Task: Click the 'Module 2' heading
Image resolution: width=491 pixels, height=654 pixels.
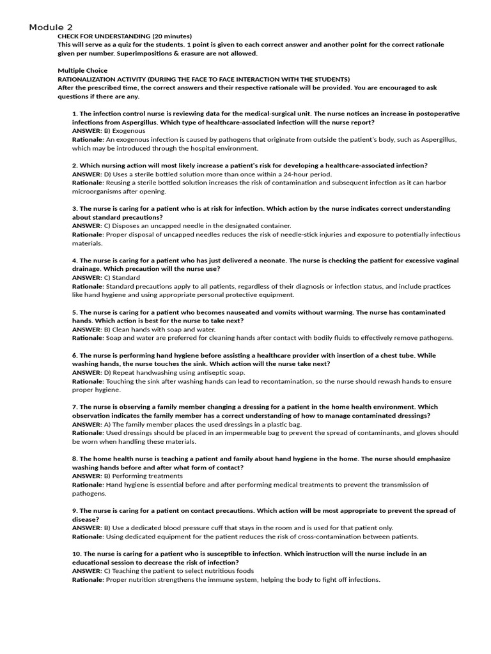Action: [x=51, y=27]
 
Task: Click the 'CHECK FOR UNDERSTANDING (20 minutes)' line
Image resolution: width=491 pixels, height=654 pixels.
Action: [x=125, y=36]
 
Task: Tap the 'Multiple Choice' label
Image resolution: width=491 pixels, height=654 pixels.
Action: [x=82, y=70]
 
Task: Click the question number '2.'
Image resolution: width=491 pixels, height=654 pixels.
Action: [x=75, y=165]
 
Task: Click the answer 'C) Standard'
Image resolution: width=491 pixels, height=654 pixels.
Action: [x=122, y=278]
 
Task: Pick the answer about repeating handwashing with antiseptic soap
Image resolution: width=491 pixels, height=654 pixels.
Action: [x=175, y=372]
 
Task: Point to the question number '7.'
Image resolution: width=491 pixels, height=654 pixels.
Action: [x=75, y=407]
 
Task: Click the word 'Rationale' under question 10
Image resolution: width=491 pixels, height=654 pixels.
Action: [x=88, y=580]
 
